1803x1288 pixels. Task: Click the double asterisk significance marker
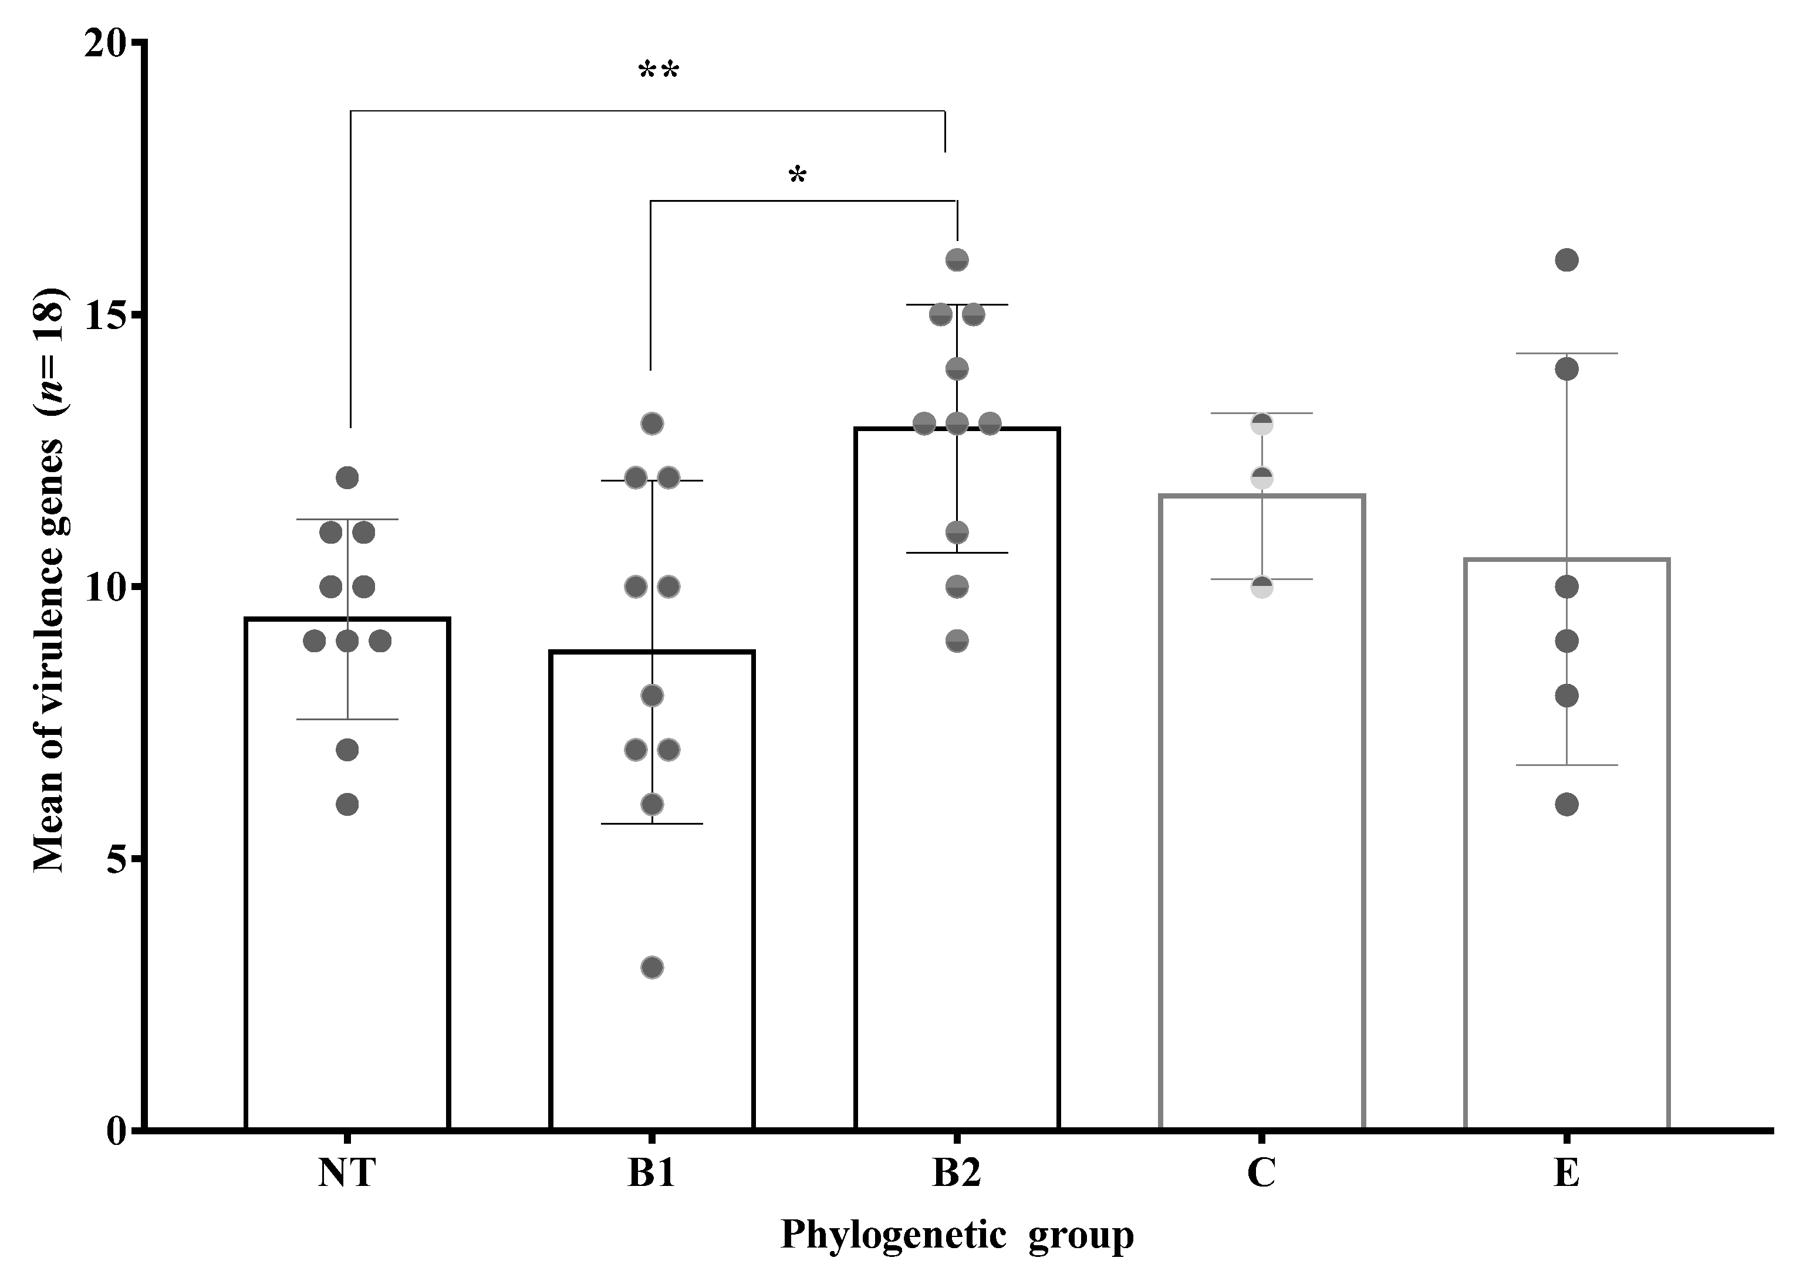click(659, 72)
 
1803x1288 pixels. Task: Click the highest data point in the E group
click(1566, 260)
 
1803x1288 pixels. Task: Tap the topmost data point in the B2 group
click(957, 260)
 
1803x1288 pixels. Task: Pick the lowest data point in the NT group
click(347, 804)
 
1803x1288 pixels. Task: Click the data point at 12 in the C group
click(1262, 478)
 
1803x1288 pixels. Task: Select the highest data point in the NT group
click(347, 477)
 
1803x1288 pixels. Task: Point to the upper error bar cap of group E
click(1566, 353)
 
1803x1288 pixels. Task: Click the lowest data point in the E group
click(1566, 804)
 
